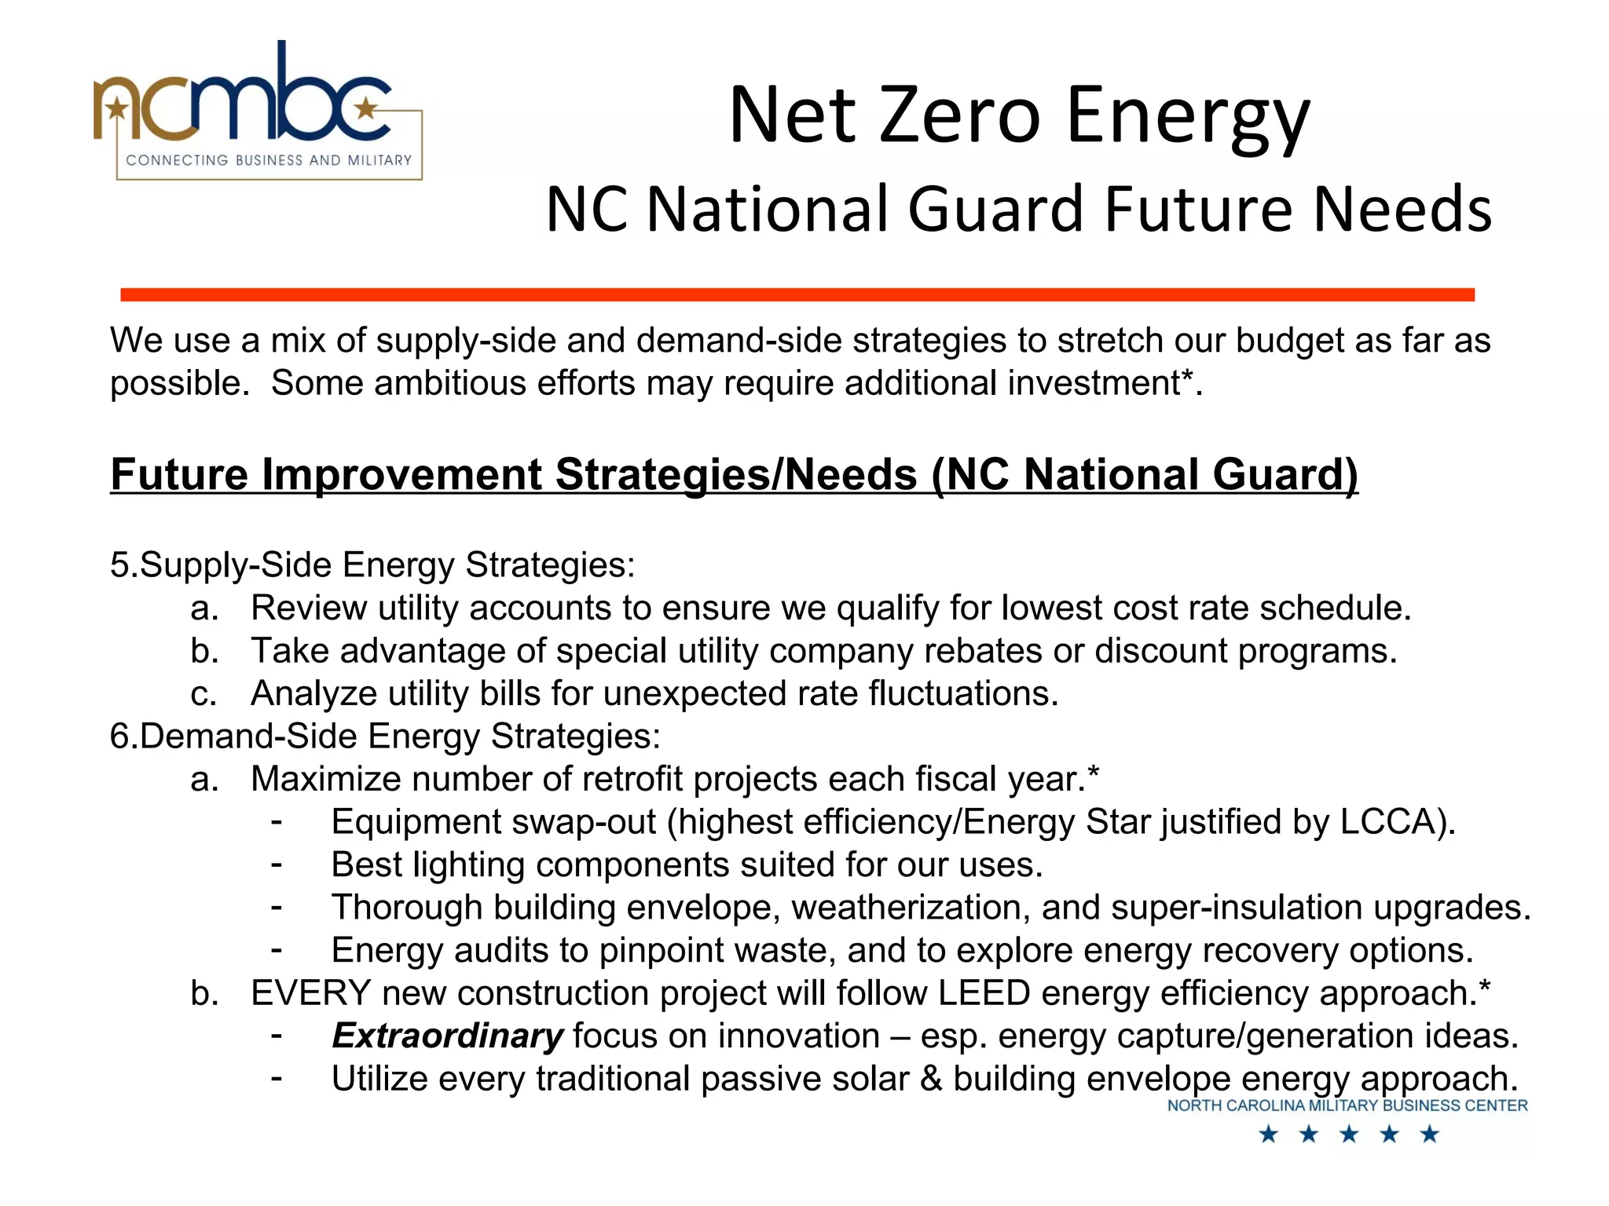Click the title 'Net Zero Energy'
pyautogui.click(x=1019, y=116)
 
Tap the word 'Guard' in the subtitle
pyautogui.click(x=998, y=210)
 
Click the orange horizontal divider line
pyautogui.click(x=797, y=294)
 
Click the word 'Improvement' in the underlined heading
pyautogui.click(x=401, y=474)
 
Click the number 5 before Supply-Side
pyautogui.click(x=119, y=565)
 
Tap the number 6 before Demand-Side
pyautogui.click(x=119, y=736)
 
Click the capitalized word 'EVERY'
pyautogui.click(x=310, y=993)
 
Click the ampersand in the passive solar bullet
pyautogui.click(x=930, y=1079)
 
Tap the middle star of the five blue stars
pyautogui.click(x=1348, y=1135)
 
